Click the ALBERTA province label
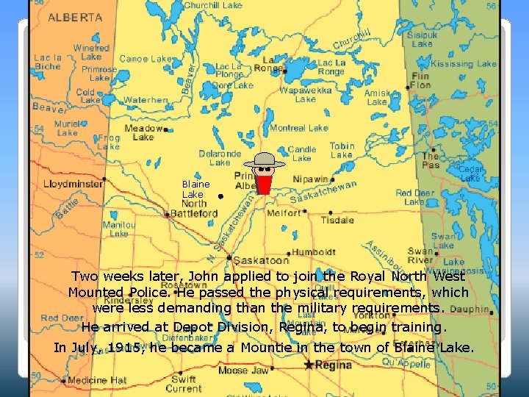click(76, 16)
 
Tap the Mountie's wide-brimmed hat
click(264, 161)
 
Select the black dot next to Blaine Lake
click(220, 197)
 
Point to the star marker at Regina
click(309, 365)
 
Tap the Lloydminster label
click(73, 184)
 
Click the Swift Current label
click(183, 383)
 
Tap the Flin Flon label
click(421, 80)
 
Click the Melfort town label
click(284, 212)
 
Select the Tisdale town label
click(338, 220)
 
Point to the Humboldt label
click(314, 252)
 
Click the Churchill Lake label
click(212, 6)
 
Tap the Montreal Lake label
click(298, 128)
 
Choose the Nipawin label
click(311, 179)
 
